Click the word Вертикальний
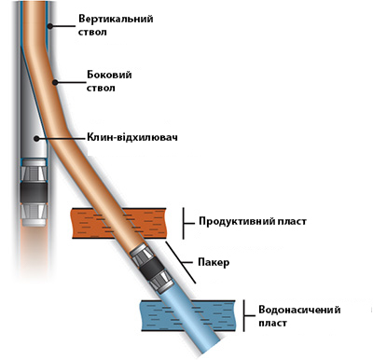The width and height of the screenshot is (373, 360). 116,19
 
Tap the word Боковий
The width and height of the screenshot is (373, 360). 109,75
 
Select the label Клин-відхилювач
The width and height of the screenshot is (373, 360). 132,137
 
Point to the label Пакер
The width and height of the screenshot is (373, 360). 214,262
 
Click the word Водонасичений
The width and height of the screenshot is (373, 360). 299,310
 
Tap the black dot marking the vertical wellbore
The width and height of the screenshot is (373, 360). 49,26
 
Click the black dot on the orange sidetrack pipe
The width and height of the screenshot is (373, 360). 55,82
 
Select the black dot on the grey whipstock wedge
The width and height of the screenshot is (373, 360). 36,138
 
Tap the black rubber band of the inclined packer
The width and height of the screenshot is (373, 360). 151,267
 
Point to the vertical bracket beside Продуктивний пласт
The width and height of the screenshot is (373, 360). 183,223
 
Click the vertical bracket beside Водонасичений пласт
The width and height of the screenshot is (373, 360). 244,315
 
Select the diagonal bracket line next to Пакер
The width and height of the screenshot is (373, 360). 180,262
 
